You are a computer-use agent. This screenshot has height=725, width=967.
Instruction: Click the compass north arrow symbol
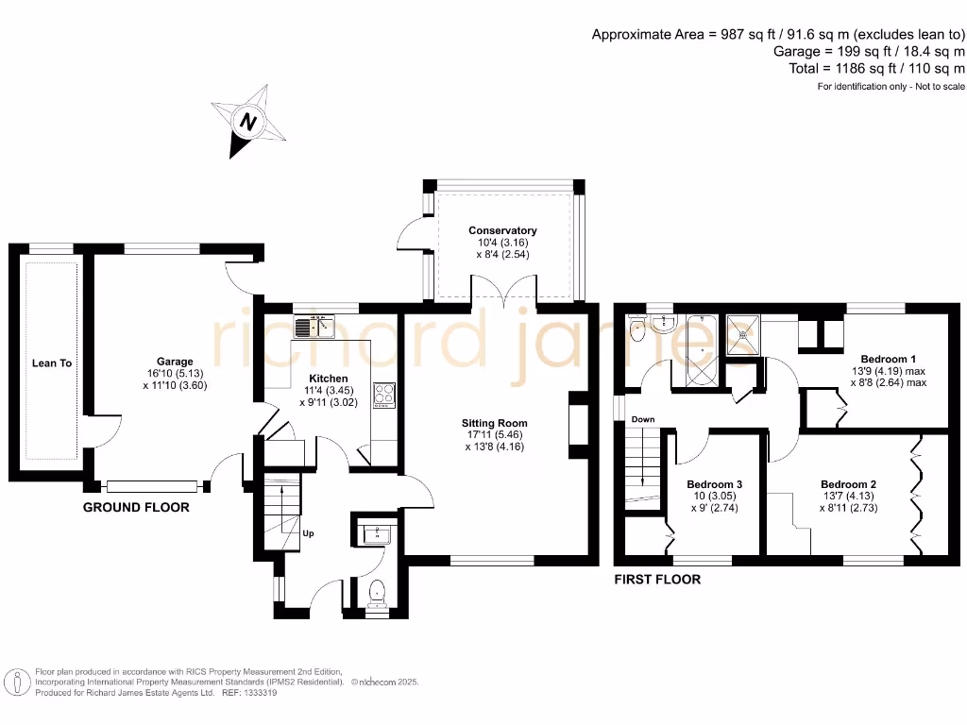248,122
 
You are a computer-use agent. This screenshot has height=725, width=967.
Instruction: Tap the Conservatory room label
502,230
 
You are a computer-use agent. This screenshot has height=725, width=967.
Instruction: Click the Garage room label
175,362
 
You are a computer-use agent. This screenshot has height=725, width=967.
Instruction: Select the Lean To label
52,362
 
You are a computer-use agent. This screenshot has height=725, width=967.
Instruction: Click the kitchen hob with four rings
384,395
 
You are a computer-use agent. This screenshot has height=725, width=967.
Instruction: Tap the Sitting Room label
495,423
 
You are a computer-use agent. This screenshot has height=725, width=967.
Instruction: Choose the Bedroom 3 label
713,483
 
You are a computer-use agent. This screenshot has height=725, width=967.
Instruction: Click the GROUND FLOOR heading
136,507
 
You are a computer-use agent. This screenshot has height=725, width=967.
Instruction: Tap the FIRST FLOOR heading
657,579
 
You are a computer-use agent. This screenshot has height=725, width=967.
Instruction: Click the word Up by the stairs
308,533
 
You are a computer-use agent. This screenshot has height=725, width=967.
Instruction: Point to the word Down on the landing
643,419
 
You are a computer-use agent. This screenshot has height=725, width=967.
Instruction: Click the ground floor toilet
378,593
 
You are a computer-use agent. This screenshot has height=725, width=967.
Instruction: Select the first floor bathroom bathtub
701,354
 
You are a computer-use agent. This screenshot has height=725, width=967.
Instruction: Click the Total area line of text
876,69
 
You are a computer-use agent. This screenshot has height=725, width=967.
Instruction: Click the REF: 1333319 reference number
251,692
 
